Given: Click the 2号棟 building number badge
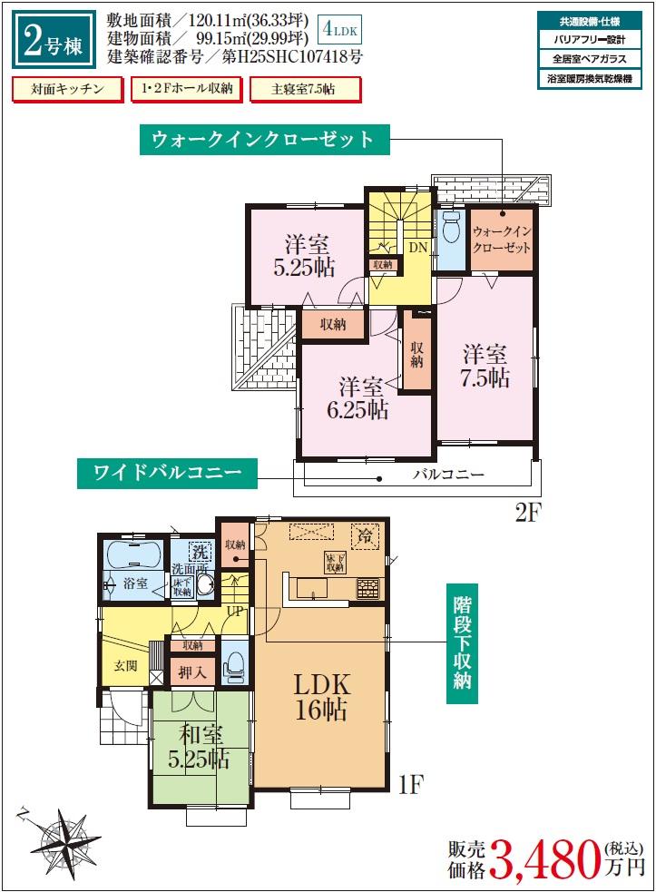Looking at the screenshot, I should click(x=54, y=40).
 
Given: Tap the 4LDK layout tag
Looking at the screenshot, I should click(x=340, y=31).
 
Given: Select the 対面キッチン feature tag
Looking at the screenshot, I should click(x=64, y=89).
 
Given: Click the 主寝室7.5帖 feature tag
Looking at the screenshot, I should click(x=303, y=89).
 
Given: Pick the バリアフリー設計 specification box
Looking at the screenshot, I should click(x=590, y=40).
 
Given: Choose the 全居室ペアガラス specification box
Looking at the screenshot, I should click(x=590, y=60).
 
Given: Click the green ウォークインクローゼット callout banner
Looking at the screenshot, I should click(x=264, y=140).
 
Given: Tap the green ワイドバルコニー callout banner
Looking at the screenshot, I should click(x=167, y=473).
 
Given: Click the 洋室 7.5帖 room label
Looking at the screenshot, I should click(x=486, y=366).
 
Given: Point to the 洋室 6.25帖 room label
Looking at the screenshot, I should click(x=358, y=397).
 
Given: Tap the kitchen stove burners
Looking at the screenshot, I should click(x=367, y=588).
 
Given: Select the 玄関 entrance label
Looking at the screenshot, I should click(x=125, y=665).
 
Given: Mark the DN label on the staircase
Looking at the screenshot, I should click(x=417, y=247).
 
